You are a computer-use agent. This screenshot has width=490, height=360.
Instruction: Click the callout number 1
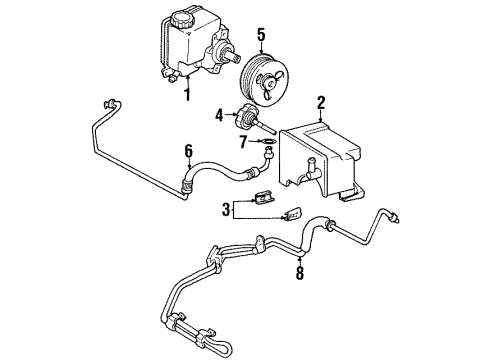pyautogui.click(x=186, y=96)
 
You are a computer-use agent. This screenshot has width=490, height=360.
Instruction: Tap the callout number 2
pyautogui.click(x=321, y=103)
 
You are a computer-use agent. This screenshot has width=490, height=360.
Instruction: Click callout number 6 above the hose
pyautogui.click(x=187, y=150)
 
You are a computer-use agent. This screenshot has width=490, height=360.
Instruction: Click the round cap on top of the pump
pyautogui.click(x=187, y=17)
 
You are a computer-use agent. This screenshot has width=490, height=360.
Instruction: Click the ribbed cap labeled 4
pyautogui.click(x=245, y=116)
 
